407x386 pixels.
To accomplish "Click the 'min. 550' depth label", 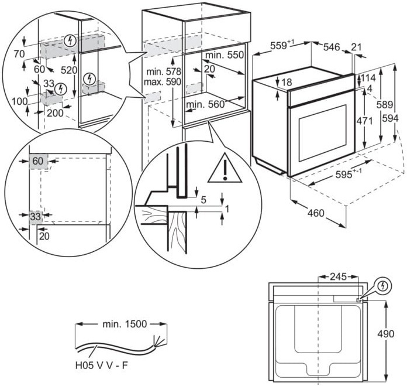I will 223,54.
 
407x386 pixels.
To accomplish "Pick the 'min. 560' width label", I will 205,105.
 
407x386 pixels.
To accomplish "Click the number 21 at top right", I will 357,46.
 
